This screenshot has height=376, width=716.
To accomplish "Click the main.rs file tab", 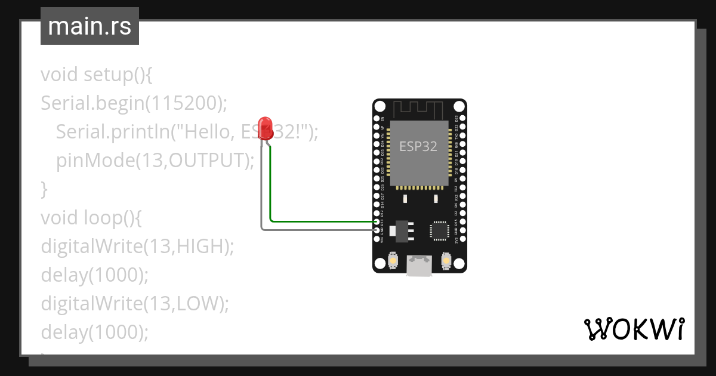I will pos(89,26).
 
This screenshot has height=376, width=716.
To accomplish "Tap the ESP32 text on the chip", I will pos(418,147).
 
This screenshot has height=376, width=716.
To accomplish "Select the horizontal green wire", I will pos(322,221).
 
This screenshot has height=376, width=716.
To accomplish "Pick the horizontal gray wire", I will pos(316,229).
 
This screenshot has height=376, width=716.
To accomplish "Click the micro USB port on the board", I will pos(419,265).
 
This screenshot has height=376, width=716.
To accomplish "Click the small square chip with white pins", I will pos(439,230).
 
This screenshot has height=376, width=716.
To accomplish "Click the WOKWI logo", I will pos(634,329).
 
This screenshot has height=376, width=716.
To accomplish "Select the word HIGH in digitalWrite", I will pos(199,246).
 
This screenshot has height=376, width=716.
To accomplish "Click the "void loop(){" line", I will pos(91,218).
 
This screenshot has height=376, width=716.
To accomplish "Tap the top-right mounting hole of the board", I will pos(458,106).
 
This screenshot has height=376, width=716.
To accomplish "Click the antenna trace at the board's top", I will pos(419,109).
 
